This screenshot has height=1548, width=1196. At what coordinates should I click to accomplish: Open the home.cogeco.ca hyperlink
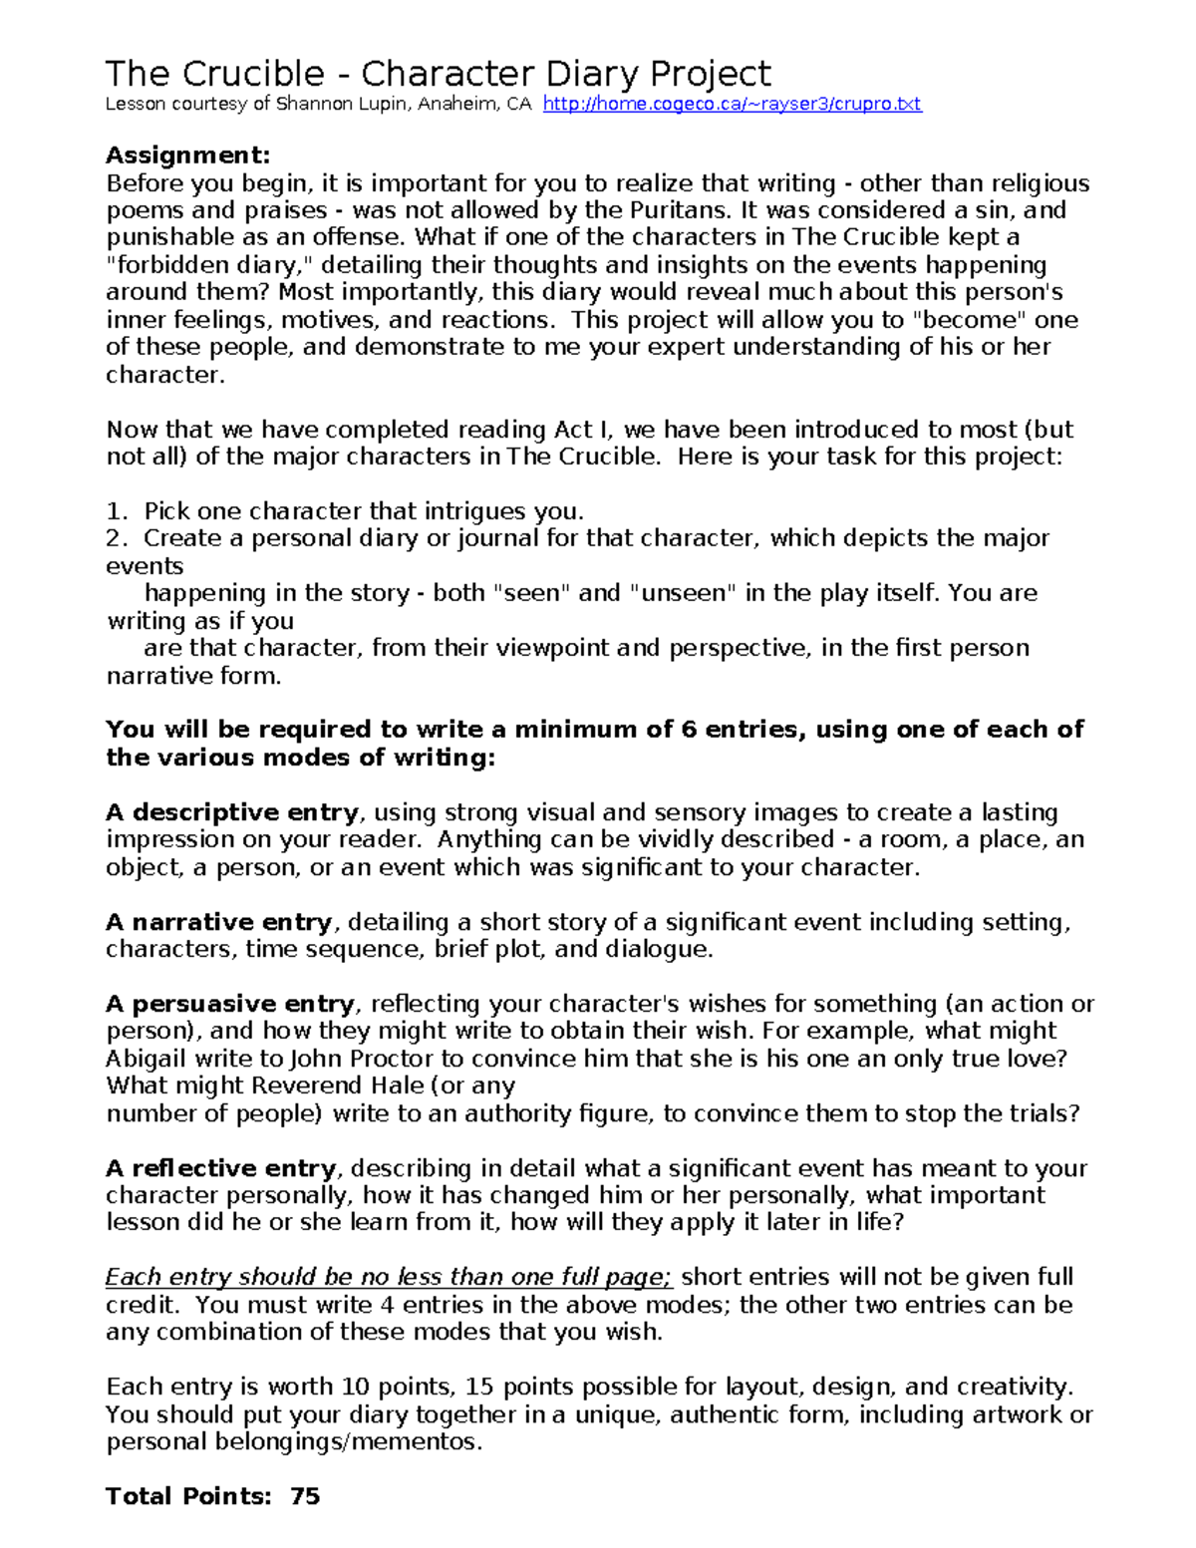pyautogui.click(x=732, y=105)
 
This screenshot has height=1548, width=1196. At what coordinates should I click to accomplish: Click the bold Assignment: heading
pyautogui.click(x=187, y=155)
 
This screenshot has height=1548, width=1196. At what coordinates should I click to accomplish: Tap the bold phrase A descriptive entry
pyautogui.click(x=232, y=812)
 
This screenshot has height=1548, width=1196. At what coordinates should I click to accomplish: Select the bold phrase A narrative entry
pyautogui.click(x=219, y=922)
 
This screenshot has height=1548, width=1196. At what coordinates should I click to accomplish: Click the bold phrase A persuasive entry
pyautogui.click(x=230, y=1004)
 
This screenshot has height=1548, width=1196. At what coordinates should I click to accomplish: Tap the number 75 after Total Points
pyautogui.click(x=305, y=1496)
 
